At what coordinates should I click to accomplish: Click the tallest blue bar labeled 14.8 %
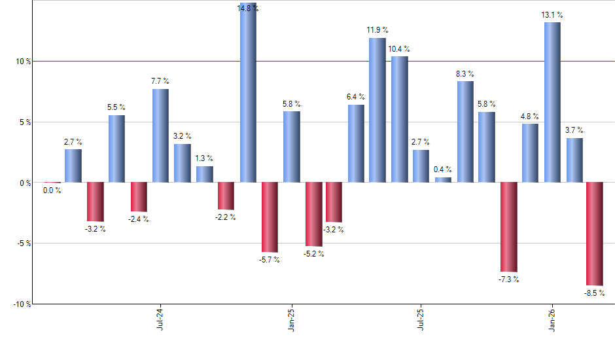pyautogui.click(x=248, y=96)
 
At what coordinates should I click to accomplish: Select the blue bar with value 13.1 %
pyautogui.click(x=552, y=102)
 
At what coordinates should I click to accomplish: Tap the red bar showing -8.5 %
pyautogui.click(x=595, y=234)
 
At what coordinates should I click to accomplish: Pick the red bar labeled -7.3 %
pyautogui.click(x=509, y=226)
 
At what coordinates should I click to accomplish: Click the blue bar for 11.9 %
pyautogui.click(x=378, y=110)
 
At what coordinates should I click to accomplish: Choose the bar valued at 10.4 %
pyautogui.click(x=400, y=119)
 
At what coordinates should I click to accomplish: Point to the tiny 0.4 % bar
pyautogui.click(x=443, y=179)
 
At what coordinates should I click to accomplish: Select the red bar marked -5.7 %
pyautogui.click(x=270, y=217)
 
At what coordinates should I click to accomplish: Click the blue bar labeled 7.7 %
pyautogui.click(x=160, y=135)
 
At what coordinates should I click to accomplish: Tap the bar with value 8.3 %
pyautogui.click(x=465, y=132)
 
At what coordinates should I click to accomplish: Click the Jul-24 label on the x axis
pyautogui.click(x=160, y=317)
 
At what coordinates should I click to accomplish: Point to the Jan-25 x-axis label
pyautogui.click(x=290, y=317)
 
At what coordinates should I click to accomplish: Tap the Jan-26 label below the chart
pyautogui.click(x=552, y=317)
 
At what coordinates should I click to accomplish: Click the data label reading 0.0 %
pyautogui.click(x=52, y=190)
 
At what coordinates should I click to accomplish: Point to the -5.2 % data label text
pyautogui.click(x=313, y=254)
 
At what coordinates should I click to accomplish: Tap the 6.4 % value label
pyautogui.click(x=356, y=97)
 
